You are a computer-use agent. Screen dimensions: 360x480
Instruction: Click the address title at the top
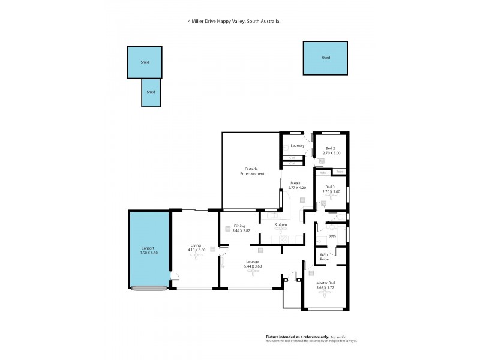tap(235, 21)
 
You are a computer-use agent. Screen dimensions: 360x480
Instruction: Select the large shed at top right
tap(326, 58)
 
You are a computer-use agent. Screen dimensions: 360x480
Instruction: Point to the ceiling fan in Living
tap(196, 256)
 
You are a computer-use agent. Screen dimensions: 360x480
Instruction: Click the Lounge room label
tap(253, 260)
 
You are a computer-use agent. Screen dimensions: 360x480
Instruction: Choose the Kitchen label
tap(281, 224)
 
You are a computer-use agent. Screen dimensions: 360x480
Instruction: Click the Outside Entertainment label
tap(252, 171)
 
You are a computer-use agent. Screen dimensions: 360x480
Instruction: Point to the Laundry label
tap(298, 146)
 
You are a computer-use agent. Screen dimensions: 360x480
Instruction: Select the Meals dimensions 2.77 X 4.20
tap(296, 188)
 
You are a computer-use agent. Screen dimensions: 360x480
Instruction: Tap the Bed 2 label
tap(331, 148)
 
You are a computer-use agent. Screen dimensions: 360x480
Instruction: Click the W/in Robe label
tap(324, 257)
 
